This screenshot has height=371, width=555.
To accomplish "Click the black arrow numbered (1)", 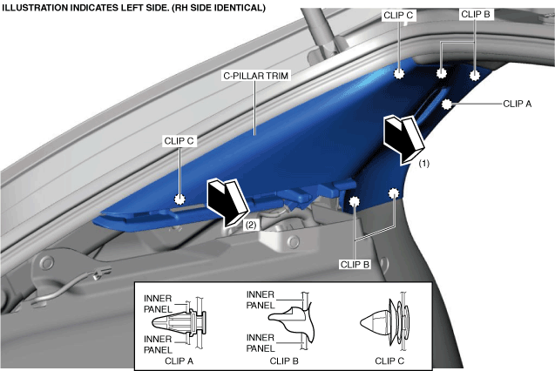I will tap(403, 138).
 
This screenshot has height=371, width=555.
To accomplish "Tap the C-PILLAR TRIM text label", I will tap(256, 76).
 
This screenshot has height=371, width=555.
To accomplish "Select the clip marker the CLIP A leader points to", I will tap(447, 105).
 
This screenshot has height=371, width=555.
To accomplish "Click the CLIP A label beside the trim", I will tap(518, 103).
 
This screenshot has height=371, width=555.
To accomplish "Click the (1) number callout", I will tap(423, 163).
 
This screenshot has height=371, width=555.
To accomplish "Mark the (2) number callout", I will tap(249, 224).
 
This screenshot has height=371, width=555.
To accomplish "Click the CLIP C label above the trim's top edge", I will tap(398, 16).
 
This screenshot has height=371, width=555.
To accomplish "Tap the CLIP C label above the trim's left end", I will tap(179, 139).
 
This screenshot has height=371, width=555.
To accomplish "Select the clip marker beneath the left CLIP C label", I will tap(180, 199).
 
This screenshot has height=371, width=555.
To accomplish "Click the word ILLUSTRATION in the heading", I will tap(39, 8).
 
